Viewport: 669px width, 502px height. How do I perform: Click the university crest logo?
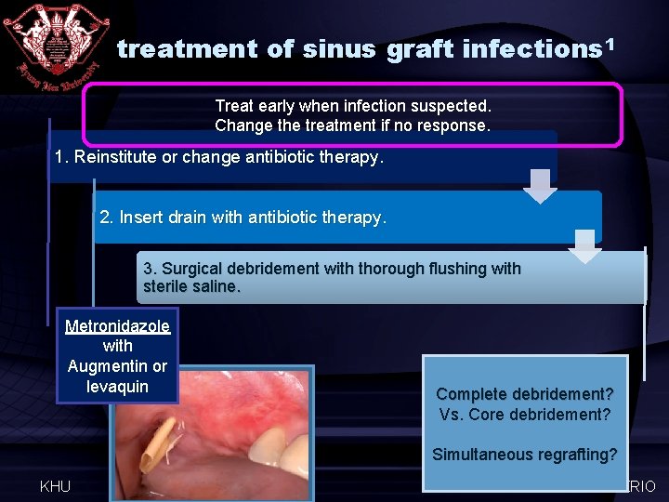54,45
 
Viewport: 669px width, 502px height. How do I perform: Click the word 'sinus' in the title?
338,49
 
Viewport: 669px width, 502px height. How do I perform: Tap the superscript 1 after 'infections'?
611,43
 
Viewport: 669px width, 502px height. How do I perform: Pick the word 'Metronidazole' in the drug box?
117,326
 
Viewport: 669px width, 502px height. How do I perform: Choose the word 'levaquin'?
117,386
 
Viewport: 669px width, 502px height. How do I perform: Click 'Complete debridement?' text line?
525,394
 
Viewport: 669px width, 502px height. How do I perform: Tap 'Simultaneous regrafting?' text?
525,455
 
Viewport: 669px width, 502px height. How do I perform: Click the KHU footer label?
55,486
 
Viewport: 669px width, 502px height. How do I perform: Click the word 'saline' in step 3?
213,286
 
